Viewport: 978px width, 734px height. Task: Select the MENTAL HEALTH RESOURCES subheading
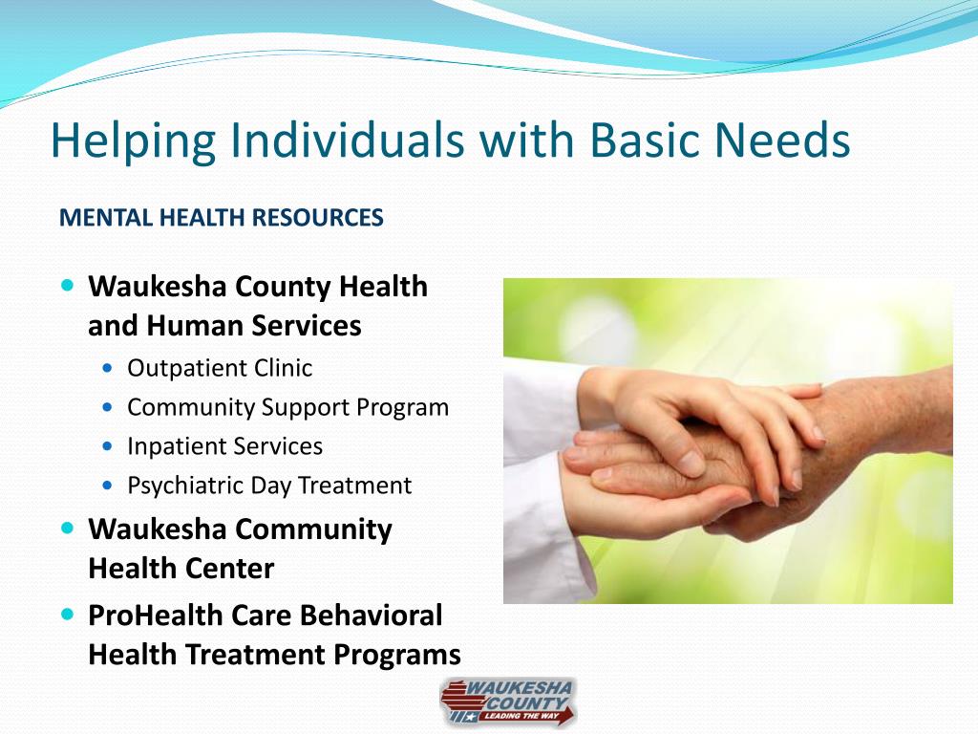coord(221,218)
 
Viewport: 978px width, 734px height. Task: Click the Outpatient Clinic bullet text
coord(220,368)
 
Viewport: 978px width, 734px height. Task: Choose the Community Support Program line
coord(287,407)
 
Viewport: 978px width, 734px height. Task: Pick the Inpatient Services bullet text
coord(224,446)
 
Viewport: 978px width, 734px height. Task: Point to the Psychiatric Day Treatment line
coord(269,486)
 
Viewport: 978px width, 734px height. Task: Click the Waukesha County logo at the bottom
coord(508,702)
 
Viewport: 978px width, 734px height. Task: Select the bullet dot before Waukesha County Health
coord(67,286)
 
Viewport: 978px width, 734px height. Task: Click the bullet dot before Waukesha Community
coord(67,529)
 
